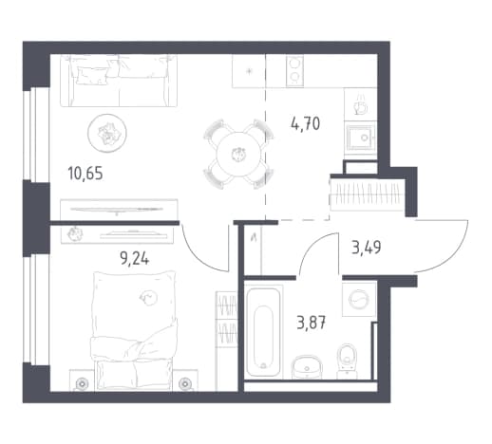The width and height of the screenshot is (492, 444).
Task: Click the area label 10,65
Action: pyautogui.click(x=85, y=174)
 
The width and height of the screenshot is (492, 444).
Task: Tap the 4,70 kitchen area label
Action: pyautogui.click(x=305, y=123)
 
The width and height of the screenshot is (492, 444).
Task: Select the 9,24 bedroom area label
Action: pyautogui.click(x=135, y=259)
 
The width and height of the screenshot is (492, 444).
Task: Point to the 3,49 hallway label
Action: pyautogui.click(x=367, y=248)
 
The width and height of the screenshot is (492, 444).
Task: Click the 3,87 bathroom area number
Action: pyautogui.click(x=312, y=323)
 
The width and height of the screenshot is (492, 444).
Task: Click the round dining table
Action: pyautogui.click(x=238, y=155)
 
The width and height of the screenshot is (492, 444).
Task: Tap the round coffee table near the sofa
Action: pyautogui.click(x=107, y=133)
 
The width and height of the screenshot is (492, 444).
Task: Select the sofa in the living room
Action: pyautogui.click(x=119, y=81)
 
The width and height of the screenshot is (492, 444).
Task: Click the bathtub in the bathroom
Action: pyautogui.click(x=263, y=332)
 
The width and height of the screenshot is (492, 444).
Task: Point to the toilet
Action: pyautogui.click(x=347, y=361)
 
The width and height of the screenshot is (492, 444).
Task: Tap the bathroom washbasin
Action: pyautogui.click(x=307, y=367)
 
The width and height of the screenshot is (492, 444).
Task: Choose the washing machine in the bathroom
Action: pyautogui.click(x=359, y=299)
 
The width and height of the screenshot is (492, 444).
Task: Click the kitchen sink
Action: pyautogui.click(x=361, y=138)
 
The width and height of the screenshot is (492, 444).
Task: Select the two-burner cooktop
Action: pyautogui.click(x=294, y=70)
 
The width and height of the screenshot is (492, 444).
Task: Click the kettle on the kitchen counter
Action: pyautogui.click(x=361, y=104)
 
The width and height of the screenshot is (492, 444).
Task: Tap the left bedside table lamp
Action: pyautogui.click(x=82, y=384)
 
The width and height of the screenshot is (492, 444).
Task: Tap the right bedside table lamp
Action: pyautogui.click(x=185, y=384)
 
